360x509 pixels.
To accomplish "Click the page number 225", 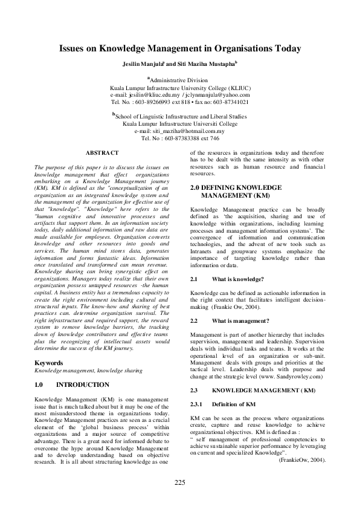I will [179, 482].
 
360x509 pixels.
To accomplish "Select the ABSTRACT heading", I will [102, 153].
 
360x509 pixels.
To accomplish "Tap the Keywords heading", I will [49, 363].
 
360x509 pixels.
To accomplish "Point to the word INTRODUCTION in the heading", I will [83, 384].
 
